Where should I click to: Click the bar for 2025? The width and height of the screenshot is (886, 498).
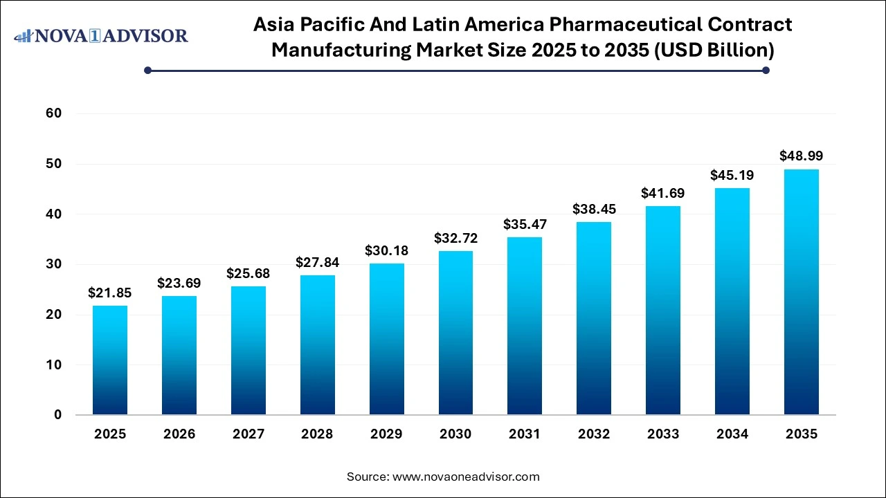[x=110, y=360]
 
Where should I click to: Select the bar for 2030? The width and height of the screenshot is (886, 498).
[x=455, y=332]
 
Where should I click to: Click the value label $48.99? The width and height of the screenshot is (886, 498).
[x=802, y=156]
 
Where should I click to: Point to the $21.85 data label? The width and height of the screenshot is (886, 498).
[x=110, y=293]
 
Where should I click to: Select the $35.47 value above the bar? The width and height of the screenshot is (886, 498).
[x=525, y=224]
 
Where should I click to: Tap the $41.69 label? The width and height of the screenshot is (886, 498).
[x=663, y=193]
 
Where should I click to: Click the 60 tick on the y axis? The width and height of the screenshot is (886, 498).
[x=54, y=113]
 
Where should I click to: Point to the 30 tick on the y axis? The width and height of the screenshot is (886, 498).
[x=54, y=264]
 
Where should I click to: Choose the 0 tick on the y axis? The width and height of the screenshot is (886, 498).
[x=57, y=415]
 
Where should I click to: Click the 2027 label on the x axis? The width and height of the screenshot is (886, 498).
[x=248, y=434]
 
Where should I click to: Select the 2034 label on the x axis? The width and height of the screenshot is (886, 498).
[x=732, y=434]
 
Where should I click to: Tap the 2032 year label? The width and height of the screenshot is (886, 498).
[x=594, y=434]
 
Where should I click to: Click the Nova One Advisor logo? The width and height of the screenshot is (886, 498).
[x=101, y=35]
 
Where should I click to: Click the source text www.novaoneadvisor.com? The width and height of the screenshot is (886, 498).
[x=465, y=477]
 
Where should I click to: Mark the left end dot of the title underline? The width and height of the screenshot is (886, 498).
[x=147, y=70]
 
